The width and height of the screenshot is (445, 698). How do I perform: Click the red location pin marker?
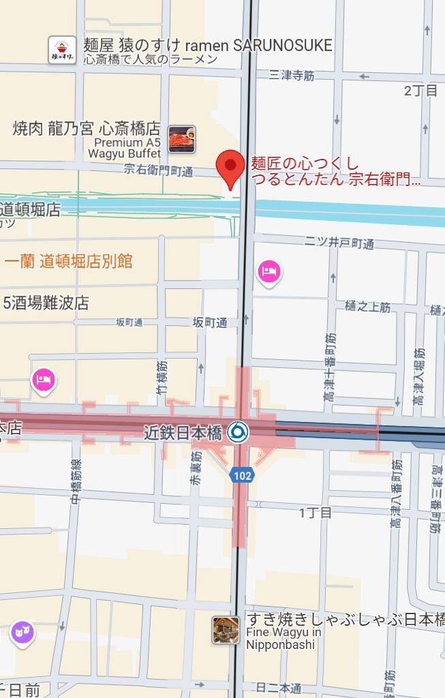point(230,167)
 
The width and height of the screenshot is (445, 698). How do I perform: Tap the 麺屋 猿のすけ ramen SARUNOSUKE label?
point(207,46)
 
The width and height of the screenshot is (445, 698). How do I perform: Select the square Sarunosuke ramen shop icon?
point(62,50)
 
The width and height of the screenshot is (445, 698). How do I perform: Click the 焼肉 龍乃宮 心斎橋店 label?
point(87,128)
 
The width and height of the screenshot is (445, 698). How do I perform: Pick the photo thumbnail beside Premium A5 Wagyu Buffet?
point(182,139)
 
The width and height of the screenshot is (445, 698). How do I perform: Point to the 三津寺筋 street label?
point(292,76)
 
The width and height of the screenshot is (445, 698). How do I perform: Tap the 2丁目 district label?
point(420,91)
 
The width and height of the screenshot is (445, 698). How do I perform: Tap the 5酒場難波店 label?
point(46,303)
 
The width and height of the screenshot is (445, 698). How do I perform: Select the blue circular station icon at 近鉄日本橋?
point(238,431)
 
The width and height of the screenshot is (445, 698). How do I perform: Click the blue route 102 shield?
point(242,475)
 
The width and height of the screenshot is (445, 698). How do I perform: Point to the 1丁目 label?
point(315,512)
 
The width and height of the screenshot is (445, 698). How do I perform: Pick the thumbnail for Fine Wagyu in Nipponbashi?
point(226,630)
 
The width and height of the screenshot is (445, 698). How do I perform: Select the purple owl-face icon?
point(22,633)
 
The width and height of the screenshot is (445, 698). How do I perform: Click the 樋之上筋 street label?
point(367,307)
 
